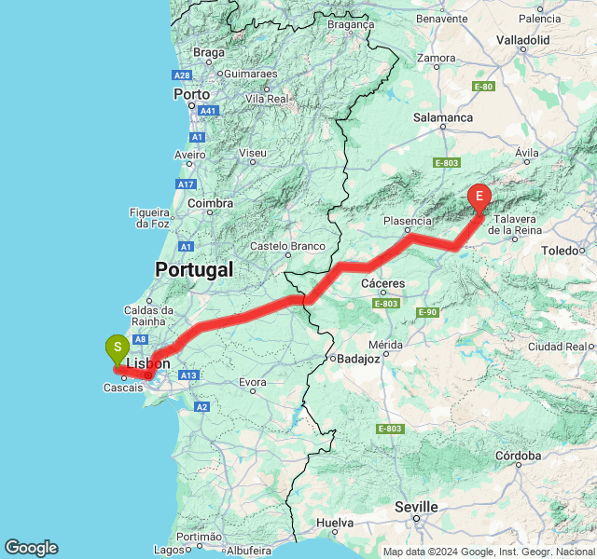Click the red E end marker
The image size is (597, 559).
(479, 197)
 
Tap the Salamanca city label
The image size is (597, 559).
(443, 117)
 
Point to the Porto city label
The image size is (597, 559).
(191, 94)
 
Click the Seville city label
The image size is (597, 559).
(416, 507)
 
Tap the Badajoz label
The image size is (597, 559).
(357, 358)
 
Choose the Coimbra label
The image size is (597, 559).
(210, 203)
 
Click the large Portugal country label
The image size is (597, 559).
(193, 269)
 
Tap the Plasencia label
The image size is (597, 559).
(407, 221)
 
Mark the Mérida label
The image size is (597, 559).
(385, 345)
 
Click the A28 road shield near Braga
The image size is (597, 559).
(182, 75)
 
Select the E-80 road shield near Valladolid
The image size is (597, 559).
(482, 87)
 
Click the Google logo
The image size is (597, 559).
(31, 548)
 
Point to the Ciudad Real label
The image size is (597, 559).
(567, 347)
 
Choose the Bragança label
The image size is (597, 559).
(350, 25)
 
